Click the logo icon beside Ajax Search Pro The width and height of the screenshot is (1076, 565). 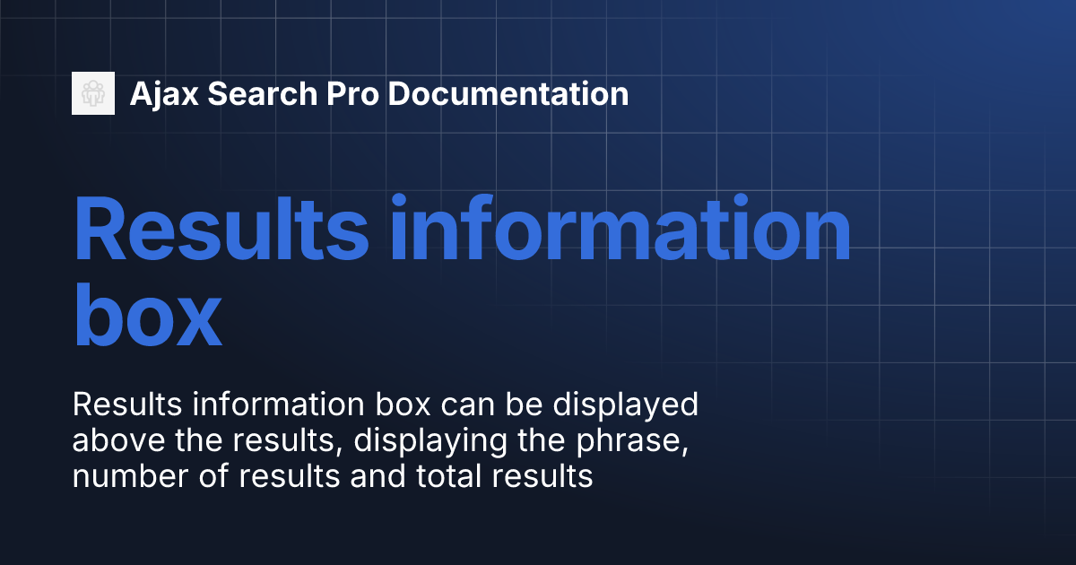click(x=93, y=93)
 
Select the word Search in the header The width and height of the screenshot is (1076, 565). click(x=249, y=94)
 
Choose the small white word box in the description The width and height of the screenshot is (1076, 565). click(x=375, y=405)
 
